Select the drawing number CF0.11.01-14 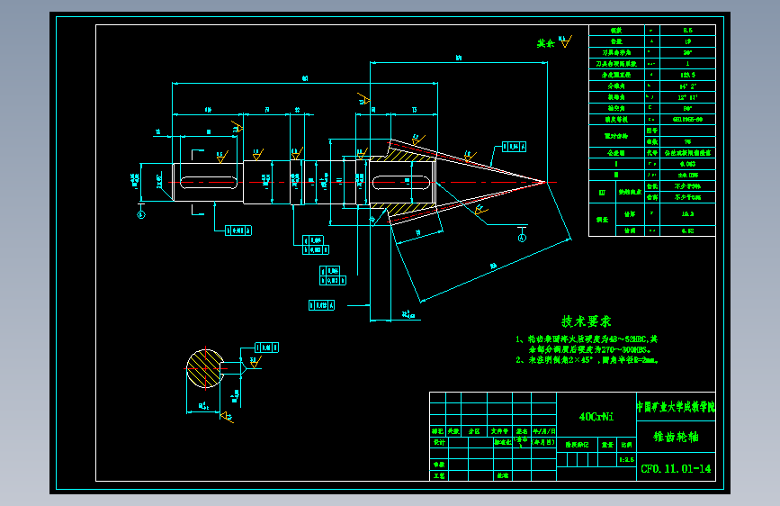(676, 468)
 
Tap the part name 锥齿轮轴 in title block (676, 438)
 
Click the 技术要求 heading (587, 321)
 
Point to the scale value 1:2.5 (627, 459)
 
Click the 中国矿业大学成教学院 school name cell (676, 407)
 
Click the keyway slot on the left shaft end (208, 183)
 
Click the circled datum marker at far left (140, 214)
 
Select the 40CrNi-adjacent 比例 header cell (627, 444)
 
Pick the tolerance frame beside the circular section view (268, 346)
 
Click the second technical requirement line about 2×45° (587, 359)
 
